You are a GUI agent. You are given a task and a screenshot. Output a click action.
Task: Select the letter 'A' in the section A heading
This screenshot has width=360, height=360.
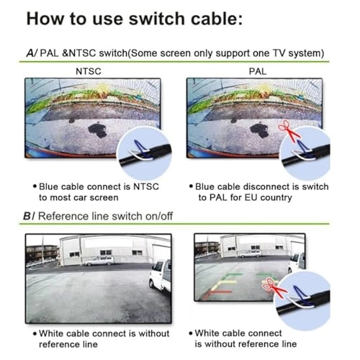click(28, 53)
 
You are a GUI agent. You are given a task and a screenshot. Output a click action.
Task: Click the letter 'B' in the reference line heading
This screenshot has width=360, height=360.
click(28, 216)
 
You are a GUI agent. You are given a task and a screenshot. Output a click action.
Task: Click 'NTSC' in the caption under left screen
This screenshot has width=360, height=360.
click(144, 186)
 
